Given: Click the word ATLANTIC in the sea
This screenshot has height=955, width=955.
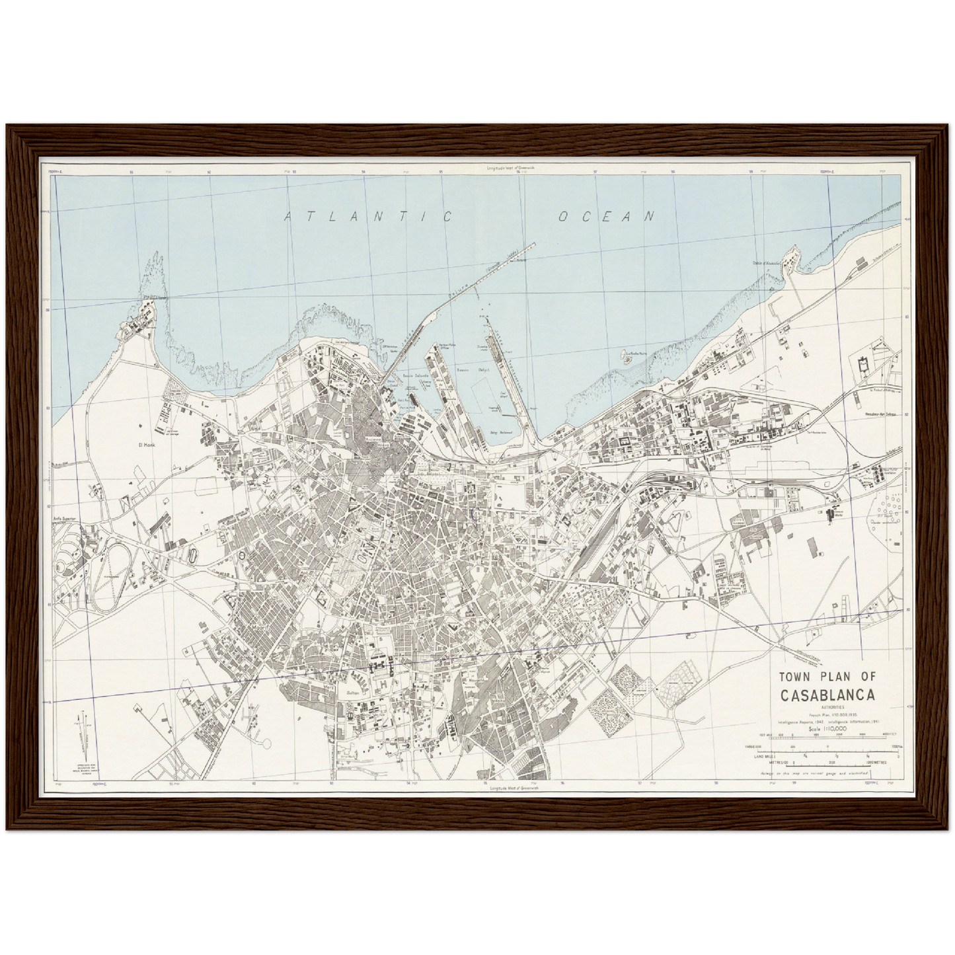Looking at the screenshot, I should [x=367, y=217].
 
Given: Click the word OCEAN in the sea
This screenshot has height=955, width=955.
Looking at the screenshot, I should [x=606, y=216].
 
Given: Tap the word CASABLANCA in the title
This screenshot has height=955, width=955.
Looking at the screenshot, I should [x=827, y=696].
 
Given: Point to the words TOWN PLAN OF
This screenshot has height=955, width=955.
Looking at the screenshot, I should [x=827, y=677].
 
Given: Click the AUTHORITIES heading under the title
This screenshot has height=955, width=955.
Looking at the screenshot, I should [x=827, y=707].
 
